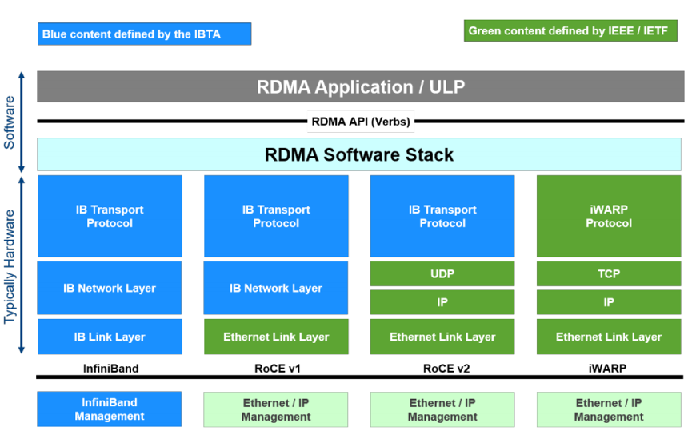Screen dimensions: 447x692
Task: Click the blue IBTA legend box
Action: [x=144, y=34]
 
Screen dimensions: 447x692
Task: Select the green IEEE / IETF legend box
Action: [x=570, y=31]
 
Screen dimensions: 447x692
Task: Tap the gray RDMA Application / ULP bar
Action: [x=360, y=86]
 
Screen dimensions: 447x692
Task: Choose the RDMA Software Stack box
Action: [x=359, y=154]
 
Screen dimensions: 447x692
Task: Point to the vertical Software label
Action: [x=10, y=122]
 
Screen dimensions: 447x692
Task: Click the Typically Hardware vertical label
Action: [x=10, y=265]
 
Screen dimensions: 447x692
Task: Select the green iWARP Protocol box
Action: [x=608, y=216]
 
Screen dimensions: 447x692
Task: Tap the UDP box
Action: [x=442, y=274]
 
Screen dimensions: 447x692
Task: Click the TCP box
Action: [x=608, y=274]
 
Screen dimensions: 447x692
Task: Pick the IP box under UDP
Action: [x=442, y=302]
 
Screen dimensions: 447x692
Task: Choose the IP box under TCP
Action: [x=608, y=302]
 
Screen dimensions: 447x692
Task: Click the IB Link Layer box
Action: [x=110, y=337]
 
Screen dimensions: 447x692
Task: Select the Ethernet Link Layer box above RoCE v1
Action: [x=276, y=337]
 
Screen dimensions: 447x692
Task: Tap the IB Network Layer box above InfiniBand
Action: [x=110, y=288]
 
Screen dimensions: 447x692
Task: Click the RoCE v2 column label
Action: [x=442, y=369]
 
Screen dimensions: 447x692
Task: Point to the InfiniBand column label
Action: [x=110, y=369]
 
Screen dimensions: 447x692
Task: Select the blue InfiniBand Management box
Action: [x=110, y=409]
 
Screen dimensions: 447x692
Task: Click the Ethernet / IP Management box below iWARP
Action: [x=608, y=409]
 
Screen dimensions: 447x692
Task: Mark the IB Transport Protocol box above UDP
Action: [x=442, y=216]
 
